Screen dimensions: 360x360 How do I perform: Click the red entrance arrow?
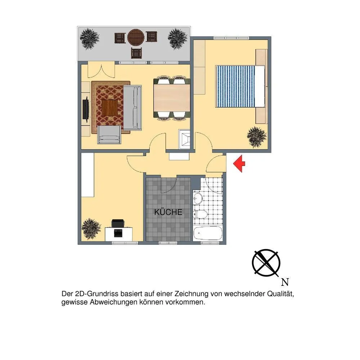[239, 163]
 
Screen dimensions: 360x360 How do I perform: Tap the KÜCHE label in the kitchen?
[168, 212]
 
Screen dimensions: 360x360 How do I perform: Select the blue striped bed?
[240, 86]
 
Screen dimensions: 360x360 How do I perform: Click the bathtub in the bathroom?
[208, 233]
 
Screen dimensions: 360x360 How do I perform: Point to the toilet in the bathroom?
[200, 214]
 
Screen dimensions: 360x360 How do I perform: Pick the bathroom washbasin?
[197, 197]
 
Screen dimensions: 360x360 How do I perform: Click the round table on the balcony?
[136, 37]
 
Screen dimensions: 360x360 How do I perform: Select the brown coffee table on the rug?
[109, 108]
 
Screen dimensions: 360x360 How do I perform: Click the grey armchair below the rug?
[109, 135]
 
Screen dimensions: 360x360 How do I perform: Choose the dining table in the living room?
[172, 98]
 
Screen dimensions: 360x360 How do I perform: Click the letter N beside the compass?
[285, 282]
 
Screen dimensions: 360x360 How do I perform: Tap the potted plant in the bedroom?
[257, 137]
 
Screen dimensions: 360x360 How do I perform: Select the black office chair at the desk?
[118, 223]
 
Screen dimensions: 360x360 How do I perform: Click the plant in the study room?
[91, 229]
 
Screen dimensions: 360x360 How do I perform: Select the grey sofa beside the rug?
[133, 107]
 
